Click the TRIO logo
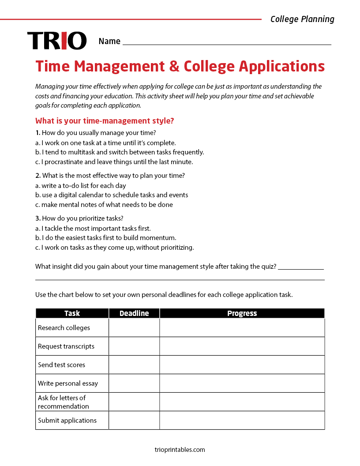(57, 41)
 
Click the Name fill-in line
(227, 41)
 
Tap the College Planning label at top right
(302, 19)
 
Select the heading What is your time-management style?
(105, 120)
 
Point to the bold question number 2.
(38, 176)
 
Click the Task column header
(72, 313)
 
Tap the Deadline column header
(134, 313)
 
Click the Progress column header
(242, 313)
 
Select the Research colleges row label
(64, 328)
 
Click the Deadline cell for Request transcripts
(134, 346)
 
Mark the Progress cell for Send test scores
(242, 365)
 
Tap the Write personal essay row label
(68, 383)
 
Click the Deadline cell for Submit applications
(134, 421)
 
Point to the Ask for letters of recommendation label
(63, 402)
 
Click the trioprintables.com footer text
(180, 450)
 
